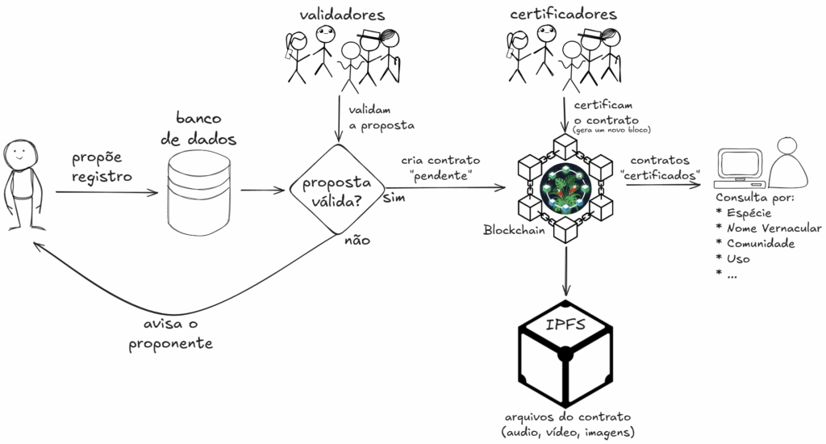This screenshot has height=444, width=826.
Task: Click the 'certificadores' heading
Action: coord(564,14)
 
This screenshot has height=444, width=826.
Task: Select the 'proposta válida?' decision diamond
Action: coord(336,192)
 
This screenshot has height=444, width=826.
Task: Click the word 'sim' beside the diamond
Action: coord(393,198)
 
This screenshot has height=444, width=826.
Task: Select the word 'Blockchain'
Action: coord(511,230)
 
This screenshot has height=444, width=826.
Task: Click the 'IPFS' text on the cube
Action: coord(565,328)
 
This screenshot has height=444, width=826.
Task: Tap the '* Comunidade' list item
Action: coord(756,244)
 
